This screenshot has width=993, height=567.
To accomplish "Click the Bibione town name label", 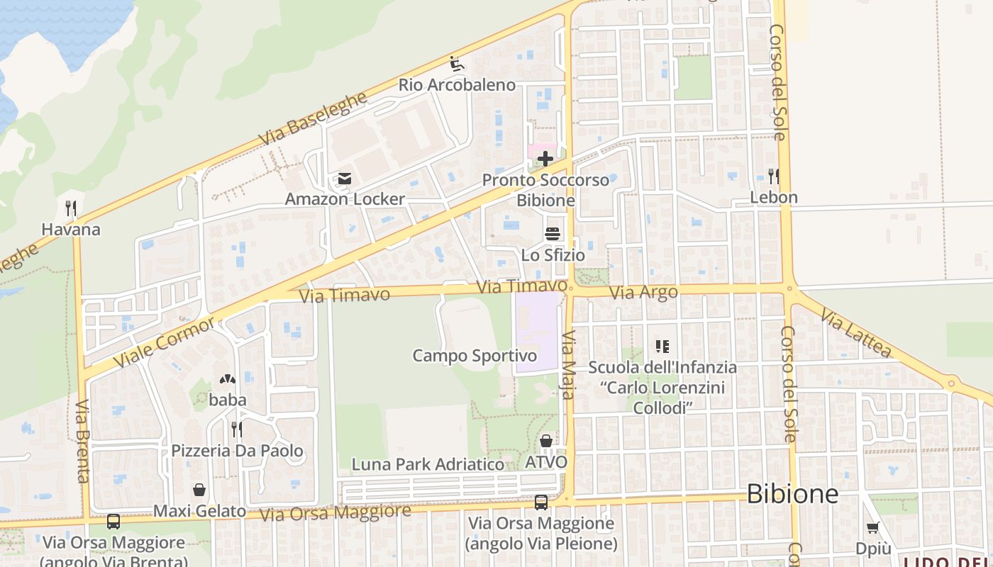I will tap(792, 494).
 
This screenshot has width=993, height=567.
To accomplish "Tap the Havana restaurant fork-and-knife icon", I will tap(71, 208).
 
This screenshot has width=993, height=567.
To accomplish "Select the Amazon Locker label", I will tap(345, 199).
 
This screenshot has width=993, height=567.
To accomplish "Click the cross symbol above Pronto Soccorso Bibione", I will tap(545, 159).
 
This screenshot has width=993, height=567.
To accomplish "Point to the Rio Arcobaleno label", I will tap(457, 85).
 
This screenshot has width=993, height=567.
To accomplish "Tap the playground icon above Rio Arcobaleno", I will tap(457, 64).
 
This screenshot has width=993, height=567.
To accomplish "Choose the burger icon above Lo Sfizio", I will tap(552, 233).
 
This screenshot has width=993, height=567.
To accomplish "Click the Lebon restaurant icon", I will tap(773, 176).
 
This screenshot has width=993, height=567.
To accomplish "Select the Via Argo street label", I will tap(644, 291).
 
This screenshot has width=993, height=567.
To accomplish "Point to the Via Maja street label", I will tap(568, 365).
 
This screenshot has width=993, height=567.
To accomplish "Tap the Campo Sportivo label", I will tap(475, 355).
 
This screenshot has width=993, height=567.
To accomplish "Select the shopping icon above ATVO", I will tap(546, 442).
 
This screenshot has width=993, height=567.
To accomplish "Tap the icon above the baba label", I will tap(228, 380).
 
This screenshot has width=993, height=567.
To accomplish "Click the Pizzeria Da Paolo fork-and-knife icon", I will tap(237, 429).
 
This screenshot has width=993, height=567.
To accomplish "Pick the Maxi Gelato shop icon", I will tap(200, 490).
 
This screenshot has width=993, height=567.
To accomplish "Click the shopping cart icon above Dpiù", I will tap(872, 527).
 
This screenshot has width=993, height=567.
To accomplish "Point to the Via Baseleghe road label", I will tap(313, 119).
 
